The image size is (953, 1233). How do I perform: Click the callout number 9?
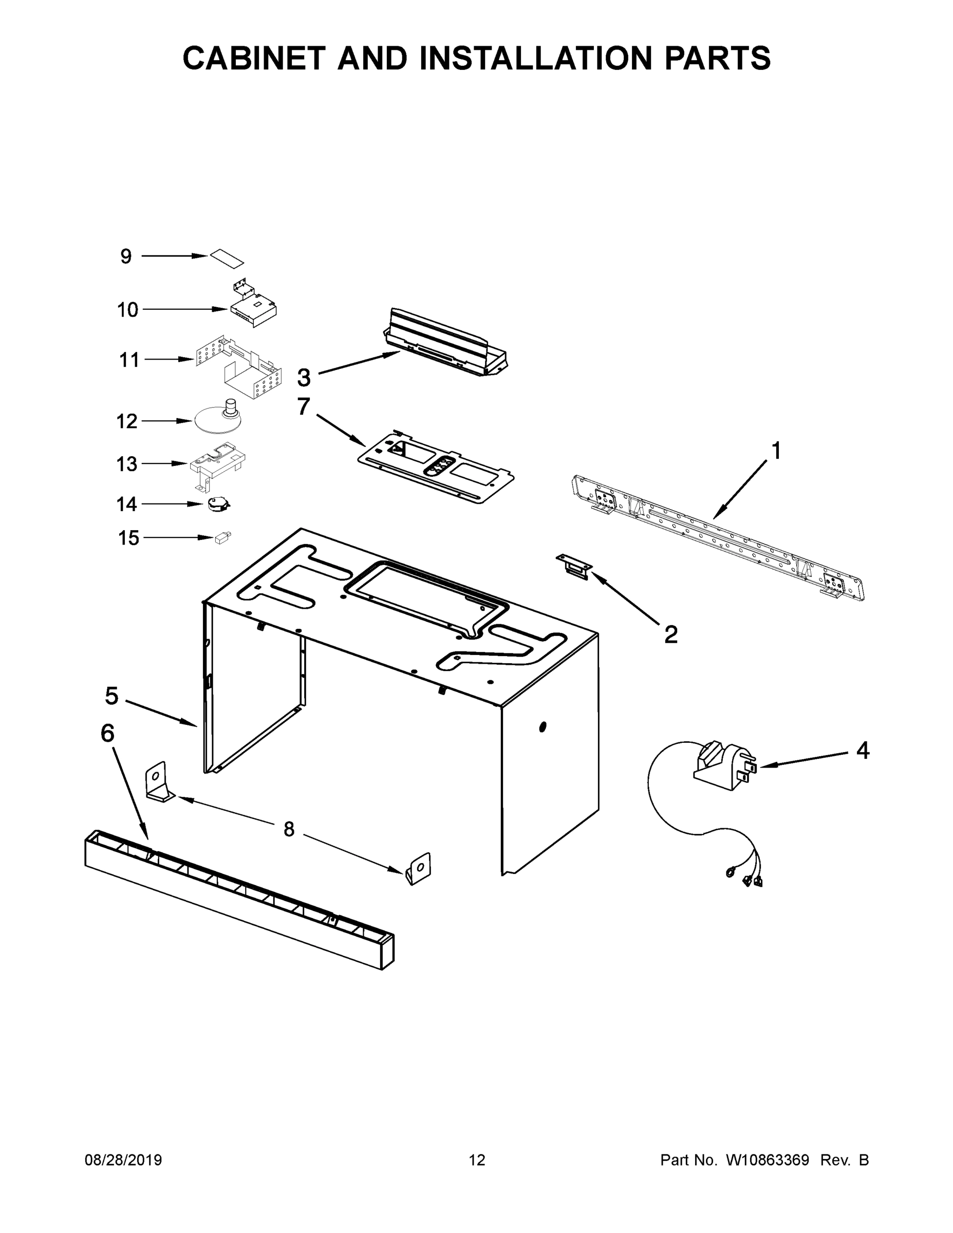(126, 256)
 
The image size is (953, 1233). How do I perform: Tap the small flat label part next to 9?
(227, 257)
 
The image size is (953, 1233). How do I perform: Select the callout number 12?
(127, 421)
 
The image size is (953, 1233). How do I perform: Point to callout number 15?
(128, 538)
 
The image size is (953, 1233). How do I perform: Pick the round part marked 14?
(218, 504)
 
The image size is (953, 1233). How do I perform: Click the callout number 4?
(863, 750)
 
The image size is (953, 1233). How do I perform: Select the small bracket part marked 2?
(574, 566)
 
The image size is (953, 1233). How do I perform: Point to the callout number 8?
(289, 829)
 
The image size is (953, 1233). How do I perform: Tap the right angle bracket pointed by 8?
(419, 868)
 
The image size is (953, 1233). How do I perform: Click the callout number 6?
(107, 733)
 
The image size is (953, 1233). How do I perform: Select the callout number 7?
(304, 406)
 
